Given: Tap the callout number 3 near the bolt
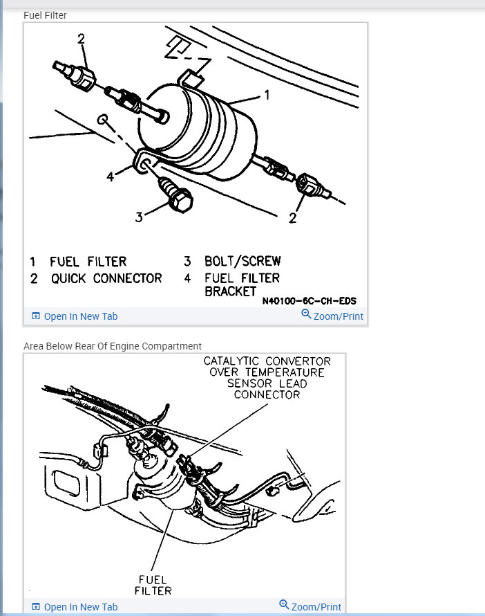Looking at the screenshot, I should click(140, 217).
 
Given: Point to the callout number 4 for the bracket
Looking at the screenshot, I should click(111, 176).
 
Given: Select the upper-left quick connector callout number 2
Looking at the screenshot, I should click(81, 39).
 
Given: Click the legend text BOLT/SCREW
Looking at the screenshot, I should click(242, 262).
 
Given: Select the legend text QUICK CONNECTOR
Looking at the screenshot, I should click(106, 278).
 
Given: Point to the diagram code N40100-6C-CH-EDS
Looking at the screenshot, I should click(309, 302).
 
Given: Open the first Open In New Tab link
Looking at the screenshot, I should click(80, 316).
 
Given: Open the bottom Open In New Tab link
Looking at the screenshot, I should click(80, 607).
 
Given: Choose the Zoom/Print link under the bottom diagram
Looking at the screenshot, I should click(316, 607).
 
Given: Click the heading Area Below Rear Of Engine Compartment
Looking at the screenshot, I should click(113, 346).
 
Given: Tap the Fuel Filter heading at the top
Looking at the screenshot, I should click(45, 15).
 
